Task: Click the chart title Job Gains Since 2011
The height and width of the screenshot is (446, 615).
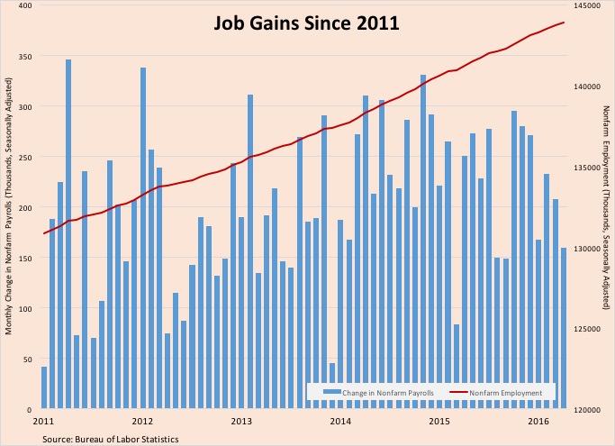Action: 307,22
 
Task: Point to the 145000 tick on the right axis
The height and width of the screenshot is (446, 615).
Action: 586,5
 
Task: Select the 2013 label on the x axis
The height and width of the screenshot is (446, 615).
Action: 241,421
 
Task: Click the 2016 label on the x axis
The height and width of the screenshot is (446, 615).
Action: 538,421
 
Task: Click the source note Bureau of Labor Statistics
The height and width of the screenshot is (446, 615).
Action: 110,439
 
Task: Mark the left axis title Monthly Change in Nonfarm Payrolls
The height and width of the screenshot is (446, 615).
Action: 8,194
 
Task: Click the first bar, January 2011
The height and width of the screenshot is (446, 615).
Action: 44,387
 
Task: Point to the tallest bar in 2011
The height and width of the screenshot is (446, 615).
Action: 68,234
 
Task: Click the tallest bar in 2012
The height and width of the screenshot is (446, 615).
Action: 143,238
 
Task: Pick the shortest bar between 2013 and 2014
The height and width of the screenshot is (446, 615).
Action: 332,386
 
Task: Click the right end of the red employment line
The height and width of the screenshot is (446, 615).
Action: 564,23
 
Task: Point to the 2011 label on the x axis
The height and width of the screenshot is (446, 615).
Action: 43,421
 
